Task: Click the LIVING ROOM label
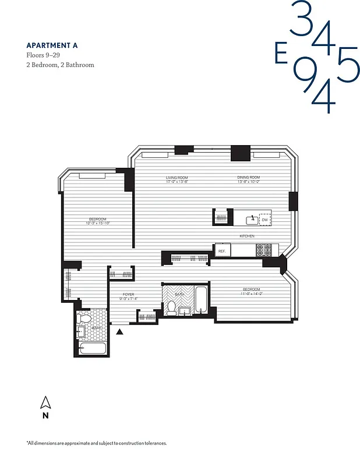pos(177,178)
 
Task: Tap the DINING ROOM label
pos(248,178)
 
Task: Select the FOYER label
pos(128,295)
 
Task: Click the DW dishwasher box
pos(264,220)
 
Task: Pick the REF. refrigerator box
pos(222,250)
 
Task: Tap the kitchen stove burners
pos(264,250)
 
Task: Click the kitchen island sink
pos(251,220)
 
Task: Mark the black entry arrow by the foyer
pos(120,331)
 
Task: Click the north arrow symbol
pos(45,402)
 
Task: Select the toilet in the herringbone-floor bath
pos(172,309)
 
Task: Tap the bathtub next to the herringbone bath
pos(202,300)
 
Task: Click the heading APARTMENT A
pos(51,45)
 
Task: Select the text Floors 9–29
pos(43,55)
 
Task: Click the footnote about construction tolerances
pos(96,443)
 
